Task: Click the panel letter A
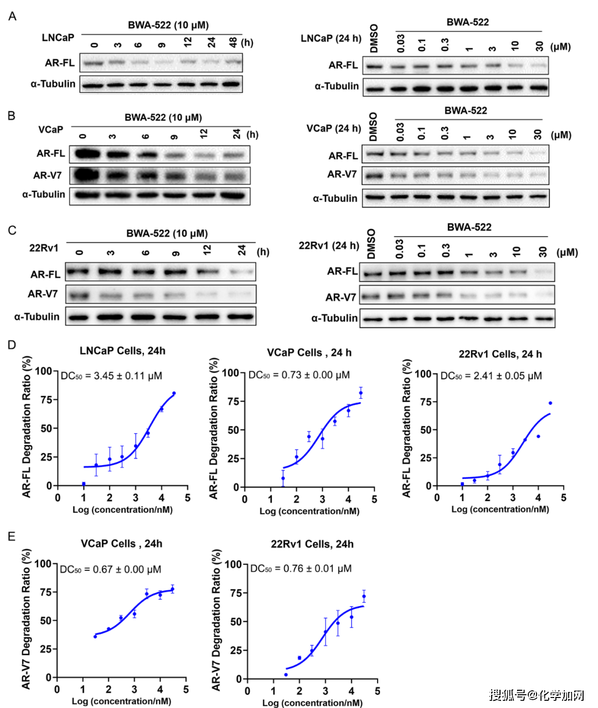(x=12, y=17)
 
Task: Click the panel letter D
(x=12, y=345)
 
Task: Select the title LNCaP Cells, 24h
(x=122, y=351)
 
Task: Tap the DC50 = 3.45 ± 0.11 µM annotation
(x=111, y=376)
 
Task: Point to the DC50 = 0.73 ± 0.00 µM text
(x=299, y=375)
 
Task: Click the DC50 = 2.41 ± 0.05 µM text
(x=491, y=376)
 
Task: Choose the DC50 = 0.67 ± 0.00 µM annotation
(x=110, y=569)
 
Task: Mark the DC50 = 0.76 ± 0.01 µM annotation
(x=301, y=568)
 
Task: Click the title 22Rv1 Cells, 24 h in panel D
(x=500, y=354)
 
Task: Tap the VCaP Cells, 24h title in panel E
(x=122, y=544)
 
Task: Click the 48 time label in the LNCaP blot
(x=233, y=43)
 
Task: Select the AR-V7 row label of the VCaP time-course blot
(x=47, y=175)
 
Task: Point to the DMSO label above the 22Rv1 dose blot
(x=372, y=243)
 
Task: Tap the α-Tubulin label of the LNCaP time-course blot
(x=53, y=84)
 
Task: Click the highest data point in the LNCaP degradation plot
(x=174, y=393)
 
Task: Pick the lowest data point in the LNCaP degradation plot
(x=84, y=484)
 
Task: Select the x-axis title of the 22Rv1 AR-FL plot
(x=500, y=509)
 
